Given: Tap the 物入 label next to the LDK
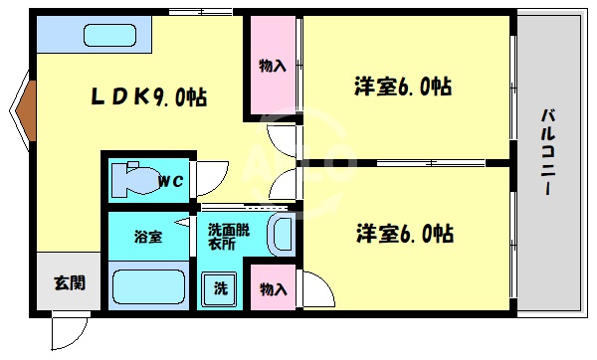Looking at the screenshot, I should pos(273,66).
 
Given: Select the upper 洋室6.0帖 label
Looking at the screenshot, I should pos(402,87).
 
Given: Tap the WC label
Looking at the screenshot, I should pos(170,181).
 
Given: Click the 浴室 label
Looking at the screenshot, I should pos(148,237).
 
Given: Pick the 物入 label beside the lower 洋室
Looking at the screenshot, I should pos(273,289).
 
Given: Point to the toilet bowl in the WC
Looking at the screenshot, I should pos(128,181).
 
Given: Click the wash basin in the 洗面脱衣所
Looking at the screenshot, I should pos(282,235).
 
